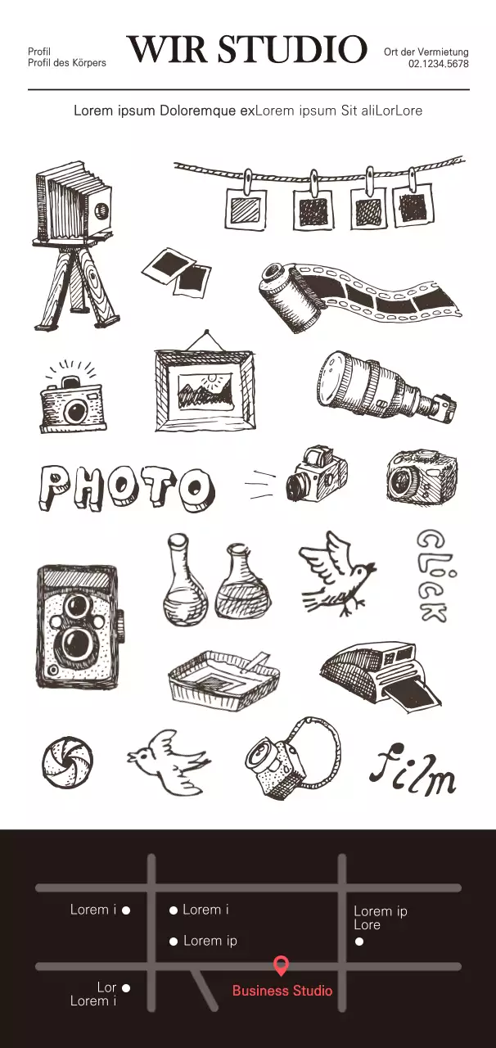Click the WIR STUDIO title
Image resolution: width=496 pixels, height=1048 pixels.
click(247, 49)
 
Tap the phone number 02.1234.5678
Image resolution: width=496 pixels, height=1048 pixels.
click(439, 64)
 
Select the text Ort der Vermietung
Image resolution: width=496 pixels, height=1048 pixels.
click(426, 52)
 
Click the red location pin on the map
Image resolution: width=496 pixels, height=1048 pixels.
click(281, 966)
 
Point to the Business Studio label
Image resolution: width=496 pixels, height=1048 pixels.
click(282, 991)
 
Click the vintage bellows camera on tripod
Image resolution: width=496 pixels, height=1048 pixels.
click(74, 246)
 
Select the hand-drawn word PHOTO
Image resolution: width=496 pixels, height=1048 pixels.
click(126, 489)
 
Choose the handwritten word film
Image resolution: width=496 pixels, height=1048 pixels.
click(413, 770)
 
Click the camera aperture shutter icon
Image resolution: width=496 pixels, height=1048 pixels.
click(67, 762)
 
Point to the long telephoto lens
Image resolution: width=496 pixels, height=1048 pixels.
click(387, 386)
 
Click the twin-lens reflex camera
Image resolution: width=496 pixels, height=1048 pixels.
click(79, 628)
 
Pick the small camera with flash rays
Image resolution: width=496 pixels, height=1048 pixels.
click(72, 397)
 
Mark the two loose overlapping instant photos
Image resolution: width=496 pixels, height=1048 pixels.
click(177, 273)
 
